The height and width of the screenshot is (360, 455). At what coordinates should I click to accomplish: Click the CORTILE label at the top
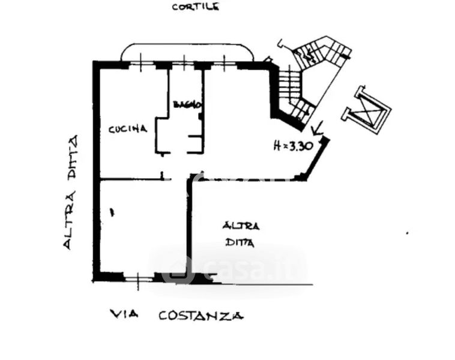pyautogui.click(x=196, y=7)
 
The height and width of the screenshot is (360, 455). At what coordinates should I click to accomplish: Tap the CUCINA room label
pyautogui.click(x=128, y=128)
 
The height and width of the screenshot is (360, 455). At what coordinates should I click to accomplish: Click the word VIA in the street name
pyautogui.click(x=122, y=314)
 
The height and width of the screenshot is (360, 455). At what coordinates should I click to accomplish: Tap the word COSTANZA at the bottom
pyautogui.click(x=200, y=315)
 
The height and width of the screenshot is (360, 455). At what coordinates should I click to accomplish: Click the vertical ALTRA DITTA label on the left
pyautogui.click(x=72, y=193)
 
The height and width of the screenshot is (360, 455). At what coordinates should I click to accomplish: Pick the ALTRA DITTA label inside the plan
pyautogui.click(x=241, y=234)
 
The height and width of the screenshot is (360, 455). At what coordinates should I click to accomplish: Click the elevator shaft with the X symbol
pyautogui.click(x=366, y=111)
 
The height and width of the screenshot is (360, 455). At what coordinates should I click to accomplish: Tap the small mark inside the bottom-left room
pyautogui.click(x=112, y=211)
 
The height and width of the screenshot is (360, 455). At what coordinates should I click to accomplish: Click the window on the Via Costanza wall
pyautogui.click(x=139, y=277)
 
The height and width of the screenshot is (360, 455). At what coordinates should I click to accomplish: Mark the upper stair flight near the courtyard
pyautogui.click(x=318, y=54)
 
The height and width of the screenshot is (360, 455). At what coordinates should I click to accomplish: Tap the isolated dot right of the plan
pyautogui.click(x=408, y=233)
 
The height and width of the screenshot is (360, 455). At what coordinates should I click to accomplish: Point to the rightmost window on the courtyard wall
pyautogui.click(x=224, y=62)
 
